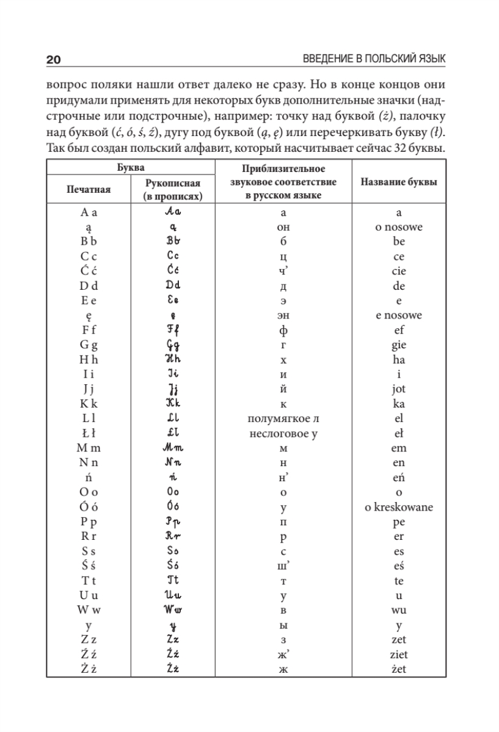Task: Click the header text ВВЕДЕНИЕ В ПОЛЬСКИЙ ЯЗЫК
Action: tap(374, 59)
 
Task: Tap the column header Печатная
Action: tap(89, 189)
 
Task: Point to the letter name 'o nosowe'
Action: tap(399, 227)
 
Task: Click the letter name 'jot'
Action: tap(399, 389)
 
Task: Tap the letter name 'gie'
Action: tap(399, 345)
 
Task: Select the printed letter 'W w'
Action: tap(89, 609)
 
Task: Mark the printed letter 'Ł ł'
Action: tap(89, 433)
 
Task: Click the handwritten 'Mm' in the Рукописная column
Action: tap(175, 448)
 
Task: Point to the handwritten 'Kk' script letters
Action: tap(175, 404)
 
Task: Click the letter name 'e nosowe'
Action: tap(399, 315)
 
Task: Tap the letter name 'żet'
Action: tap(399, 669)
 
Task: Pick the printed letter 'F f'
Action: tap(89, 331)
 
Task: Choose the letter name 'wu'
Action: tap(399, 609)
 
